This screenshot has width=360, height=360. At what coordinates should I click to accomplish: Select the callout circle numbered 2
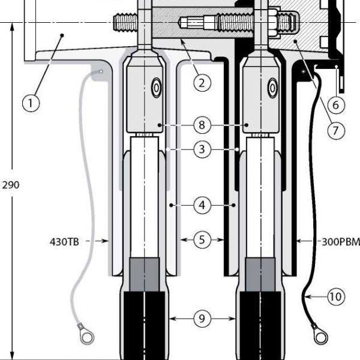[x=202, y=82]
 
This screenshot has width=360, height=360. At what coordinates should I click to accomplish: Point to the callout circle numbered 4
[x=202, y=205]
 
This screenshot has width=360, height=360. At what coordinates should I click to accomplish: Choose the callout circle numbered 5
[x=202, y=240]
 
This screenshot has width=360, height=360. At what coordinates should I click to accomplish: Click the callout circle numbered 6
[x=335, y=104]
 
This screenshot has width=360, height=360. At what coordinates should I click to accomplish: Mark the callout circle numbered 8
[x=202, y=125]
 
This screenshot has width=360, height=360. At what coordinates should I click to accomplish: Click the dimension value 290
[x=11, y=185]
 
